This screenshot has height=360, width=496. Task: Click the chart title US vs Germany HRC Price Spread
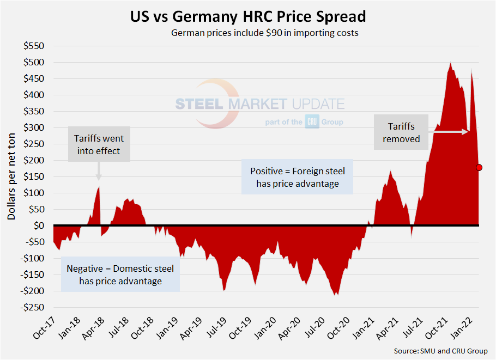pyautogui.click(x=248, y=16)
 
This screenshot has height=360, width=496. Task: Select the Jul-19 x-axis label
pyautogui.click(x=215, y=330)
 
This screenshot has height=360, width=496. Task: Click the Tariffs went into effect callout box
pyautogui.click(x=99, y=145)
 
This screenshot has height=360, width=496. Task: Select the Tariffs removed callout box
pyautogui.click(x=401, y=133)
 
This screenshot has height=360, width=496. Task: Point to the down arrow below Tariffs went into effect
pyautogui.click(x=99, y=173)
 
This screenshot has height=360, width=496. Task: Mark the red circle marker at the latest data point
pyautogui.click(x=479, y=167)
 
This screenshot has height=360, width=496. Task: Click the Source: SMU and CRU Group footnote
pyautogui.click(x=440, y=351)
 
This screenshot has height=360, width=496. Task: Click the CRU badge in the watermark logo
pyautogui.click(x=312, y=122)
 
